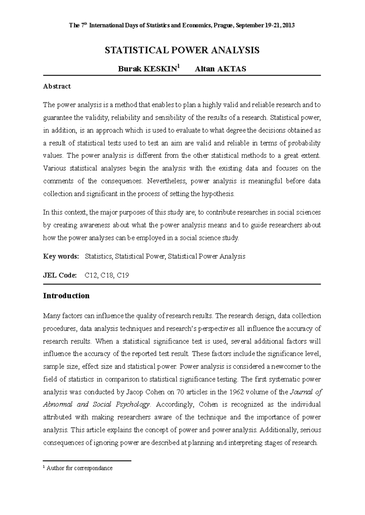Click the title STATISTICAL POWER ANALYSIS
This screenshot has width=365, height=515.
coord(182,50)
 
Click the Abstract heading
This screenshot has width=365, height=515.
coord(57,86)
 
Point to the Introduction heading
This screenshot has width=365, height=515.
coord(66,296)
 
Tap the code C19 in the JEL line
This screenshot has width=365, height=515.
coord(123,275)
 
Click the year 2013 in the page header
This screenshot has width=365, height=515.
coord(288,26)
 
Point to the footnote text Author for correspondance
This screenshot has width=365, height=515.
coord(79,468)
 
